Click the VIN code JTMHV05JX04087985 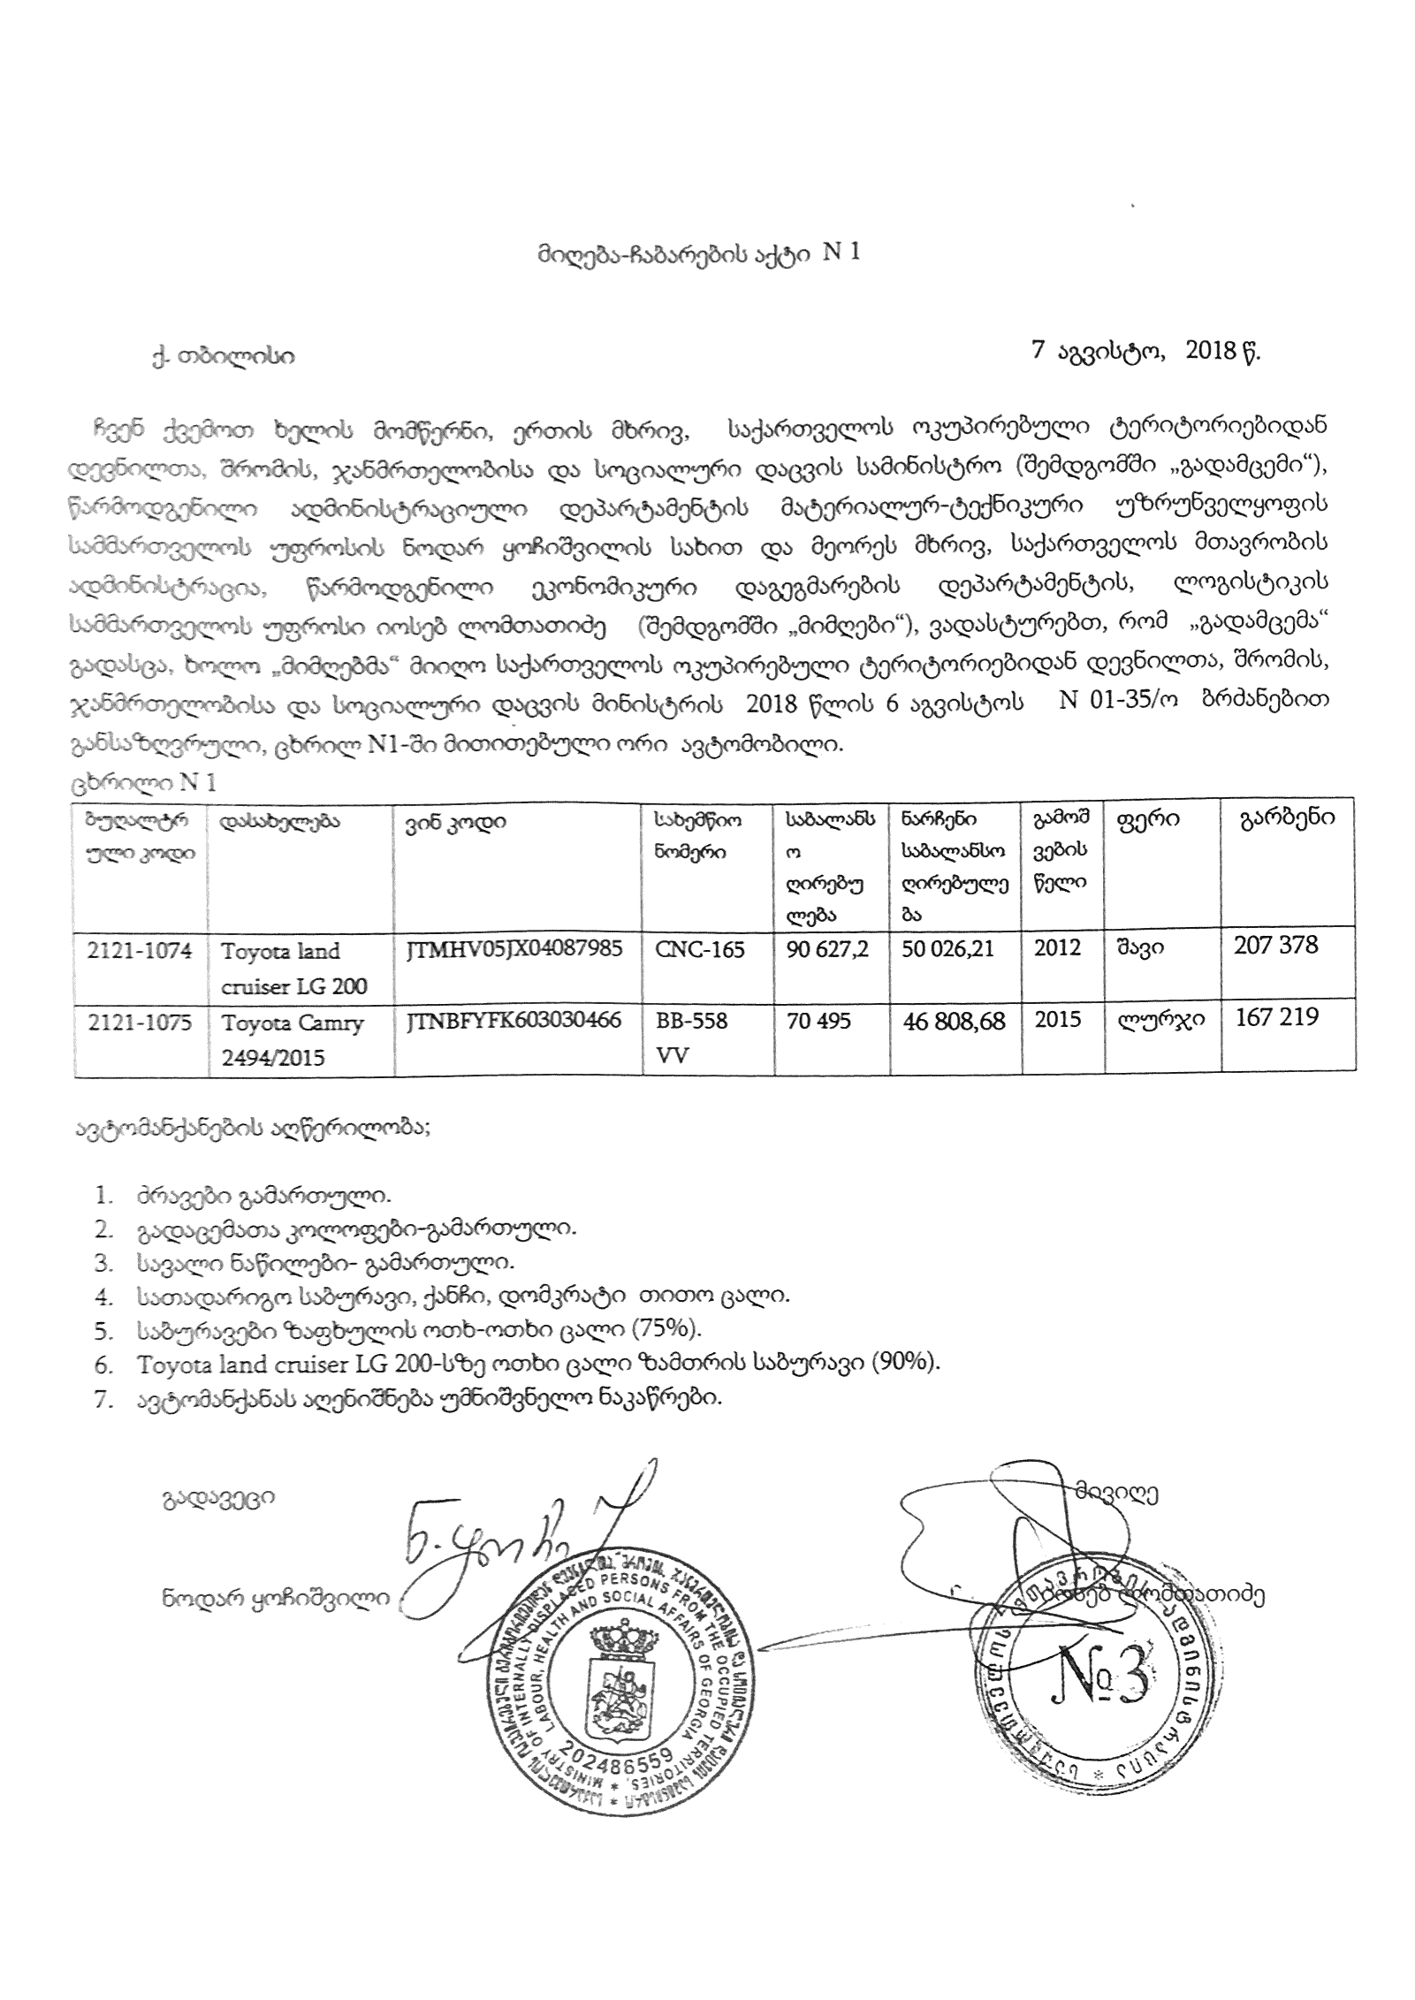(514, 949)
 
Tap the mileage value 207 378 (1275, 946)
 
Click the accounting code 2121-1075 (140, 1021)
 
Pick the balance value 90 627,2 (826, 949)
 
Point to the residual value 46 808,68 (953, 1021)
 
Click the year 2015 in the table (1057, 1020)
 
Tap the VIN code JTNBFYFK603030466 (514, 1021)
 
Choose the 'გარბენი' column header (1286, 817)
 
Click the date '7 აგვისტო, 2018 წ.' (1146, 352)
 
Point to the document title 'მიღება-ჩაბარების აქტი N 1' (698, 254)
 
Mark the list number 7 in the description (103, 1399)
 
